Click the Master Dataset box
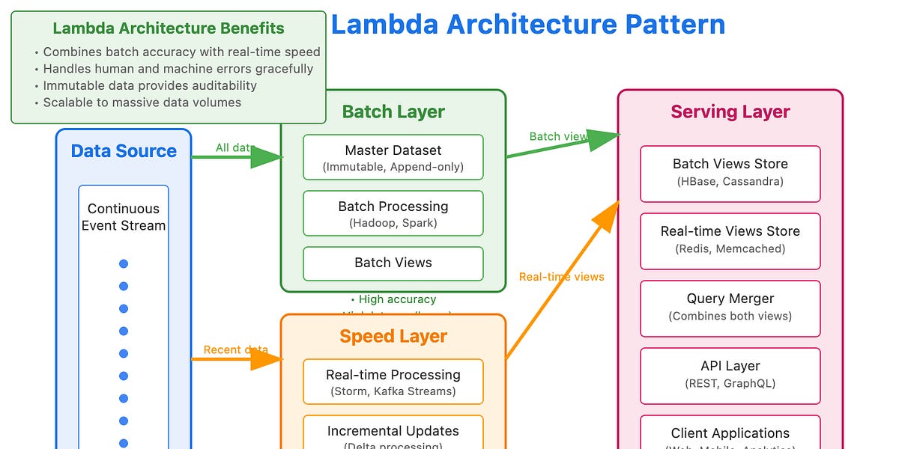click(x=393, y=157)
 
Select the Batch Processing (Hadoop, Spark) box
click(x=393, y=213)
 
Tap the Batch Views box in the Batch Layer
click(x=393, y=263)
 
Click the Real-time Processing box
click(x=393, y=382)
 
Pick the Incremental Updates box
click(x=393, y=434)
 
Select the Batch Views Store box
click(x=730, y=172)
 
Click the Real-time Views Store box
click(x=730, y=239)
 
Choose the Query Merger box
click(x=730, y=307)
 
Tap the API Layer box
click(x=730, y=374)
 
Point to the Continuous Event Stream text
click(x=124, y=217)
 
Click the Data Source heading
click(x=124, y=151)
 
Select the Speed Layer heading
click(x=393, y=336)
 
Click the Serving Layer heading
click(x=730, y=112)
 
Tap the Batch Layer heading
click(x=393, y=112)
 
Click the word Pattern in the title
click(x=674, y=25)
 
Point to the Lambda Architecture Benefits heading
click(x=169, y=29)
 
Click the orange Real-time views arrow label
click(x=561, y=277)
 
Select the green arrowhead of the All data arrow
click(x=266, y=157)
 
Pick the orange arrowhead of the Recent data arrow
click(x=266, y=359)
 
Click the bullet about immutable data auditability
click(x=150, y=85)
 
